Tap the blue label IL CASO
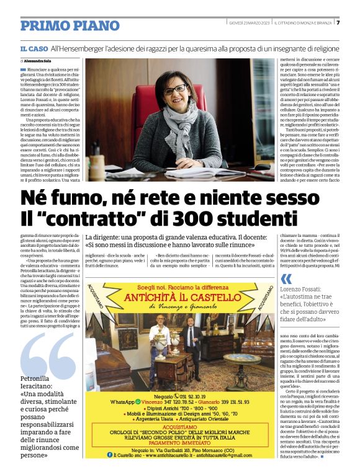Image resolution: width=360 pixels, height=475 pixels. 34,48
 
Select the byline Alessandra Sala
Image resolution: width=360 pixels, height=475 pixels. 40,62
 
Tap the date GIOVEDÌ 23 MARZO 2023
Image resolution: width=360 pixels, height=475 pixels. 248,22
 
